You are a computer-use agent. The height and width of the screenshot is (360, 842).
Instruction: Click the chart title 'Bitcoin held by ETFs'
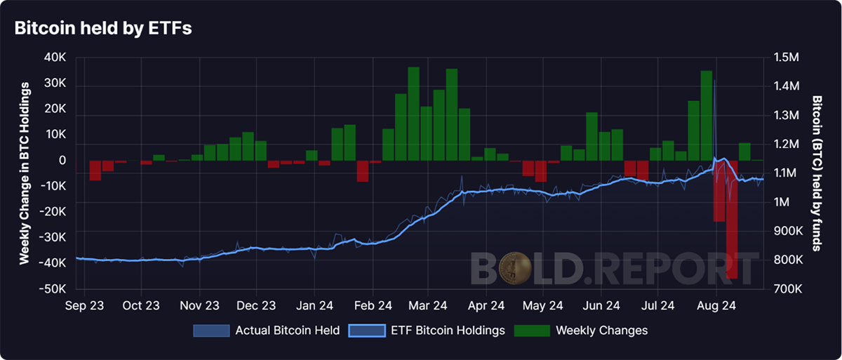pyautogui.click(x=103, y=28)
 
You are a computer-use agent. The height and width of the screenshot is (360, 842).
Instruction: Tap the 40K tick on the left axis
pyautogui.click(x=55, y=58)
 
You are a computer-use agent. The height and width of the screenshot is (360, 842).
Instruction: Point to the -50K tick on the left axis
pyautogui.click(x=53, y=289)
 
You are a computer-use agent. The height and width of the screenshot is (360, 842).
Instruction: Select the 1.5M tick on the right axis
pyautogui.click(x=787, y=58)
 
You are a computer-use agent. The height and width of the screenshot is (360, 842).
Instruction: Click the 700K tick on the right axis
pyautogui.click(x=788, y=289)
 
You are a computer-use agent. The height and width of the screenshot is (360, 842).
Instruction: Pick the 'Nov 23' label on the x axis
pyautogui.click(x=199, y=305)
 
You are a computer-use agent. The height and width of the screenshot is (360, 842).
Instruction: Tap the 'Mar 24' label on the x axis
pyautogui.click(x=428, y=305)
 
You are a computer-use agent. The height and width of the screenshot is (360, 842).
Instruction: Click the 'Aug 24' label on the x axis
pyautogui.click(x=716, y=305)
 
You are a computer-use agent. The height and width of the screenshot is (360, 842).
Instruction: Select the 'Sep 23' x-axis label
pyautogui.click(x=84, y=305)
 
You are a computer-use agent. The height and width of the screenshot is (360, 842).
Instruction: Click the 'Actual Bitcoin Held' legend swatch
pyautogui.click(x=211, y=331)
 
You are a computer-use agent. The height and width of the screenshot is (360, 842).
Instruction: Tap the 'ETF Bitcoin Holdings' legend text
pyautogui.click(x=448, y=331)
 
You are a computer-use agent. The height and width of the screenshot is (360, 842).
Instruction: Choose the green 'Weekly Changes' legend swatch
pyautogui.click(x=532, y=331)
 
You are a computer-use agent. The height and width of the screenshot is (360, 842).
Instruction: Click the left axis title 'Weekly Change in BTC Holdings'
pyautogui.click(x=25, y=173)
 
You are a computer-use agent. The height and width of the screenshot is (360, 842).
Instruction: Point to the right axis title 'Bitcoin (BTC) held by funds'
pyautogui.click(x=817, y=173)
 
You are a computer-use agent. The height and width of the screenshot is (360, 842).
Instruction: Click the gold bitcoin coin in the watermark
pyautogui.click(x=515, y=268)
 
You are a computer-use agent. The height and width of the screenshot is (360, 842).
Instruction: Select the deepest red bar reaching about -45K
pyautogui.click(x=732, y=220)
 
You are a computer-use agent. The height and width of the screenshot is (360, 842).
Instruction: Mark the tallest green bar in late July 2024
pyautogui.click(x=707, y=116)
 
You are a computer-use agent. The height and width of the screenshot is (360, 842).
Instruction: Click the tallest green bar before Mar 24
pyautogui.click(x=413, y=114)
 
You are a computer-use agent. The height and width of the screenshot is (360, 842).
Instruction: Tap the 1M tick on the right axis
pyautogui.click(x=782, y=202)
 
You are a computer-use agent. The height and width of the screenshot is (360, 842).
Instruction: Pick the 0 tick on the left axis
pyautogui.click(x=62, y=161)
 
